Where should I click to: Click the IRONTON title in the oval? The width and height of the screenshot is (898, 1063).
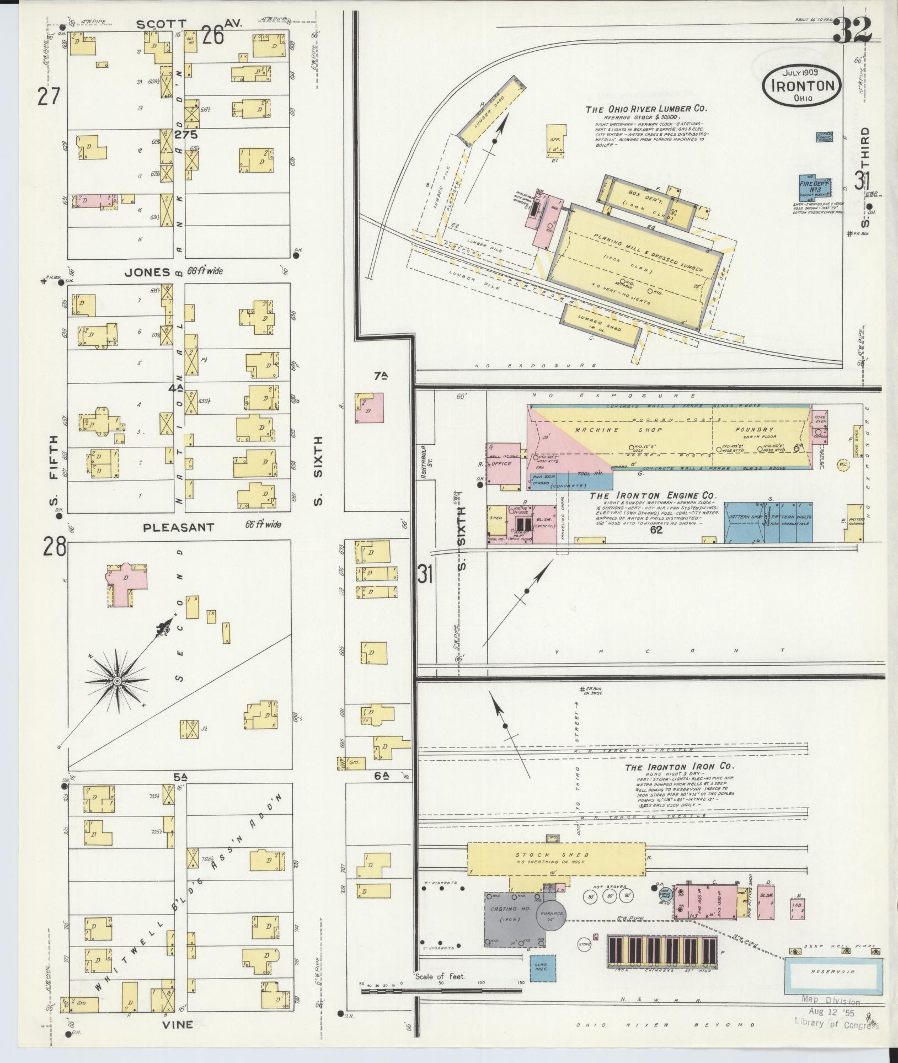[x=803, y=86]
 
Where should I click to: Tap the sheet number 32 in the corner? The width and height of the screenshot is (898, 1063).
[x=852, y=30]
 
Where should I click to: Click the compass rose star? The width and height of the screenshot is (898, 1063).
[x=117, y=681]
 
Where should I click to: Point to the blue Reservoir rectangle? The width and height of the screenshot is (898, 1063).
[x=833, y=971]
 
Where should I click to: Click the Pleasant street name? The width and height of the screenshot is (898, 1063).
[x=178, y=527]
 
